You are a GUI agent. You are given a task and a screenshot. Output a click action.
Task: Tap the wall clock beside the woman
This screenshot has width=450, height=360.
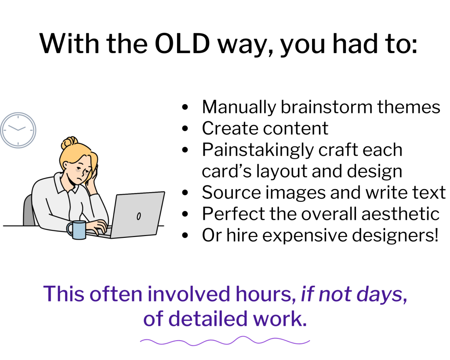click(18, 130)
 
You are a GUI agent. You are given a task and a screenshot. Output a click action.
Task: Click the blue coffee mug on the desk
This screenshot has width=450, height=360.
click(78, 230)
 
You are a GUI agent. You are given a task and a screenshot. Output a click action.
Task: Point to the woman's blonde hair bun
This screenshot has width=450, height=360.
click(69, 143)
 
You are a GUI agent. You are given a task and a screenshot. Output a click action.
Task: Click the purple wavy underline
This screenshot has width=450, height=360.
click(225, 341)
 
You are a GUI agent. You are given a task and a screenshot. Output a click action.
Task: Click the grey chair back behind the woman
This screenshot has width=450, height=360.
click(29, 211)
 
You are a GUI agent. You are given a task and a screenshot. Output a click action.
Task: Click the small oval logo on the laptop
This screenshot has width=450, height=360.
click(139, 216)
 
